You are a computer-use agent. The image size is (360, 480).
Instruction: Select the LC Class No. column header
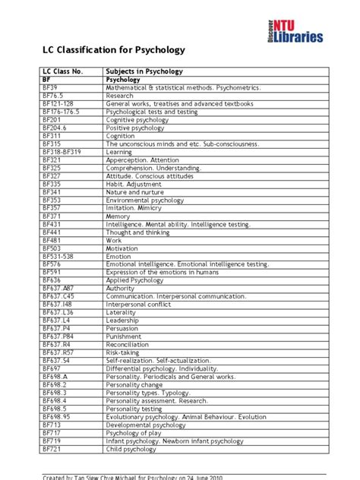pos(61,71)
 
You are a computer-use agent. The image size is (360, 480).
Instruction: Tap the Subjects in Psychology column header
pos(144,71)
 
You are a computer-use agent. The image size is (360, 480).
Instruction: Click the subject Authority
pos(121,287)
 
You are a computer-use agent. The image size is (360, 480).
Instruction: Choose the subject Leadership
pos(123,319)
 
